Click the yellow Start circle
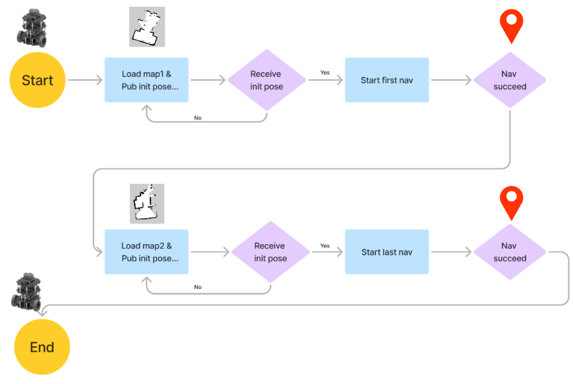point(37,80)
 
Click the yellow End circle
point(42,347)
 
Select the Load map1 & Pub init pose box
point(146,80)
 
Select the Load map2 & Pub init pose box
point(146,252)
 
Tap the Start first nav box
point(387,80)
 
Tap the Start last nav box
point(387,252)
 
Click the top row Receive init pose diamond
point(267,80)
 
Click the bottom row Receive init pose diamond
point(270,252)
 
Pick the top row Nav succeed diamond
point(510,80)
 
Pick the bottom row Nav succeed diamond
point(510,252)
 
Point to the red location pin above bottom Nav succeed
point(511,201)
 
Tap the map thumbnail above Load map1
point(147,27)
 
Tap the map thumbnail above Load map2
point(147,203)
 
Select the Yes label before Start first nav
point(325,73)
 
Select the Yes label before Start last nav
point(325,246)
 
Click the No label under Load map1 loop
point(198,117)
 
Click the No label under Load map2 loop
point(198,287)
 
